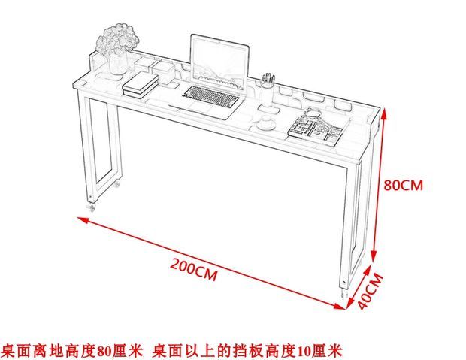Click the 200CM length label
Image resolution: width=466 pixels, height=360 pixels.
pos(193,268)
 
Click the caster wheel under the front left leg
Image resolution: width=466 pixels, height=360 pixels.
pos(92,206)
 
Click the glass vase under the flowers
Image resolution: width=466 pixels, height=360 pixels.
pos(119,63)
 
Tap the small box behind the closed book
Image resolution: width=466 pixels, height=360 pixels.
pos(162,68)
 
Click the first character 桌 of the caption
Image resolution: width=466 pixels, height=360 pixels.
pos(8,350)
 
